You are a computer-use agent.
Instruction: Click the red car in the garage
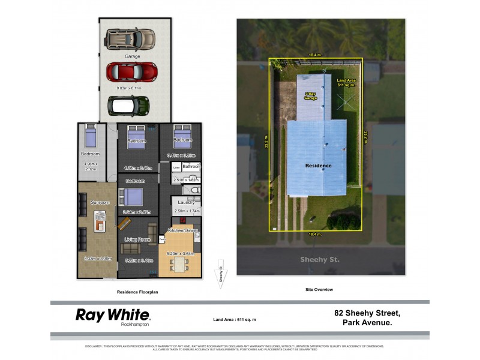pos(131,72)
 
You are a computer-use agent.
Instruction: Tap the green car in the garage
pos(128,106)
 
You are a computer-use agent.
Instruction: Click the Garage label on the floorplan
pos(132,56)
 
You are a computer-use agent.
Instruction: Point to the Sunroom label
pos(100,203)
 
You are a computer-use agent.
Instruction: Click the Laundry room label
pos(187,203)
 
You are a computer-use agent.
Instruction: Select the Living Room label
pos(137,239)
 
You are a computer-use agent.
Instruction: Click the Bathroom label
pos(191,166)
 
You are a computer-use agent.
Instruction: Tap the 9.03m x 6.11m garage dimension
pos(132,88)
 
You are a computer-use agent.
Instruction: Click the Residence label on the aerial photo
pos(318,166)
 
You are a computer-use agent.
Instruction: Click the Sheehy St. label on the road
pos(320,260)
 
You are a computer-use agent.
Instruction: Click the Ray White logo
pos(113,316)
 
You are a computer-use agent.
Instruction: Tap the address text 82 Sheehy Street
pos(367,313)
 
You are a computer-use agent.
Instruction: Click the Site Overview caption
pos(319,289)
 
